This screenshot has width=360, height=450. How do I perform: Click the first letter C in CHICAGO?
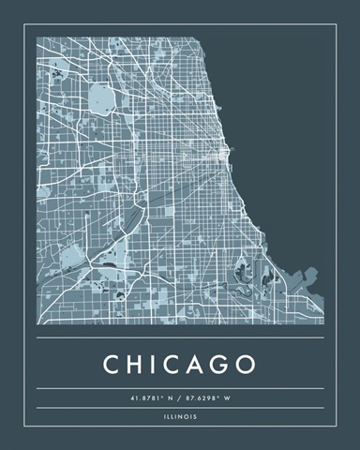click(x=111, y=363)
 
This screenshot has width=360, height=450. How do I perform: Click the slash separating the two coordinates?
click(x=181, y=397)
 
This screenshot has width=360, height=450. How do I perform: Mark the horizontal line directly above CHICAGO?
click(x=180, y=337)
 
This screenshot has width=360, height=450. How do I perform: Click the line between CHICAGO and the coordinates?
click(x=180, y=387)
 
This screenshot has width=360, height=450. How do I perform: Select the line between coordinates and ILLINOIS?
click(x=180, y=409)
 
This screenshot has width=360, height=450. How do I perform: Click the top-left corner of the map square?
click(x=37, y=37)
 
